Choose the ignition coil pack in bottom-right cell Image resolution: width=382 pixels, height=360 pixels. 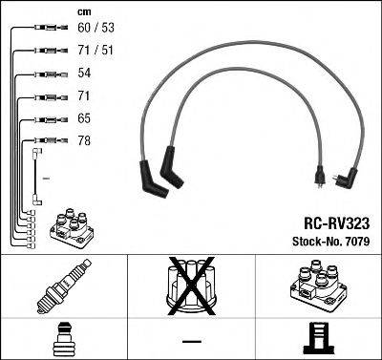coord(315,286)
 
